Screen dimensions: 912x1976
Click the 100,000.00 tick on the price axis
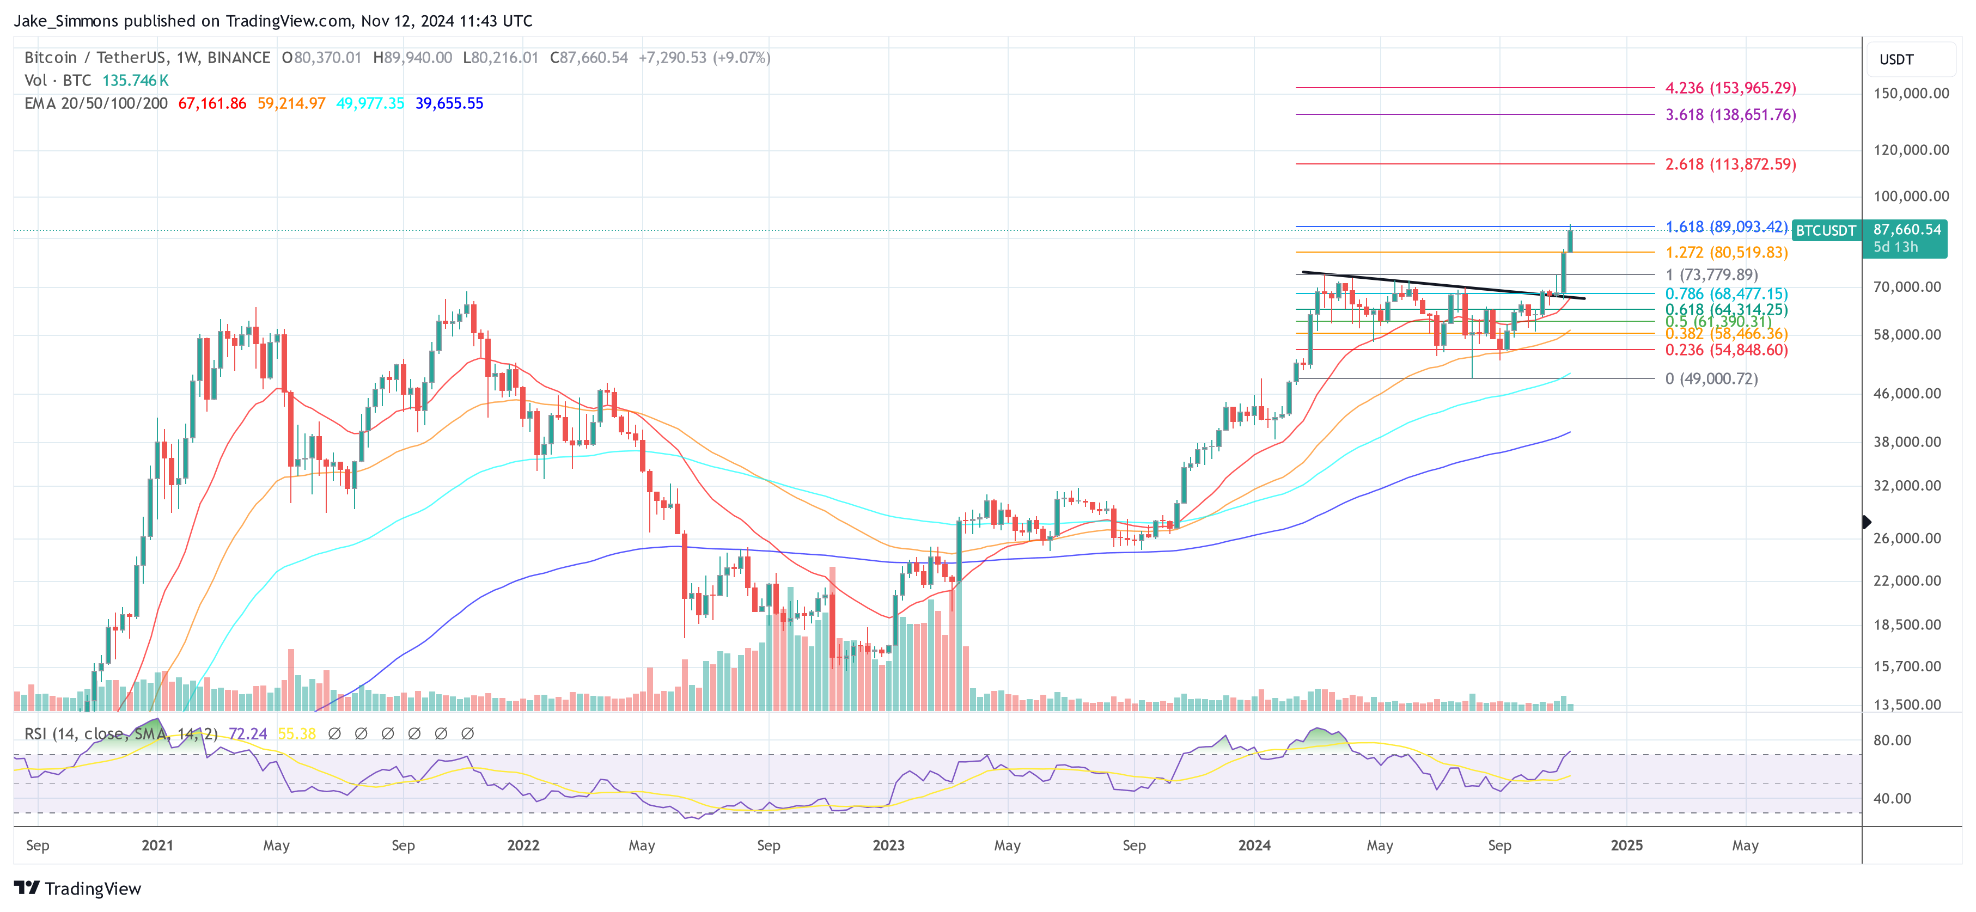1910,197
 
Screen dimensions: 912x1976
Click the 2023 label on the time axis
888,845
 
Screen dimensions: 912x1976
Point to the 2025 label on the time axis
1626,845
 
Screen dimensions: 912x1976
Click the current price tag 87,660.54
1906,229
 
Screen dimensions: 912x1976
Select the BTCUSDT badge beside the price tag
1826,231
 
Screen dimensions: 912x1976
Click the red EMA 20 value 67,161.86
212,103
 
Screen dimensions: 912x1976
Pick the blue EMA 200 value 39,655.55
449,103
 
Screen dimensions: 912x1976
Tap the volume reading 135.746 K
136,81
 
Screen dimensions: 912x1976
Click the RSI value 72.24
248,734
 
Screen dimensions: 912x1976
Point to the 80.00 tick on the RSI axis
1892,740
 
